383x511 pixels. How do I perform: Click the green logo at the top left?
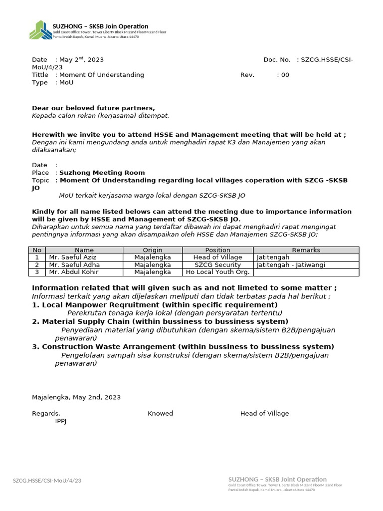[40, 30]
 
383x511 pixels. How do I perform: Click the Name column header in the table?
[84, 250]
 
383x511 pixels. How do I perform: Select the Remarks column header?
[306, 250]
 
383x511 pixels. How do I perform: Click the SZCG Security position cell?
[217, 265]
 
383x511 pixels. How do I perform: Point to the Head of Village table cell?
[217, 257]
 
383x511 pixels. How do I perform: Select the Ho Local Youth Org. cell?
[217, 272]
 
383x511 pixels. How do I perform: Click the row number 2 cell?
[36, 265]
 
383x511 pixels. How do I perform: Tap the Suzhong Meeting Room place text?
[102, 173]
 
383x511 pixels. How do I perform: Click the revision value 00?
[285, 75]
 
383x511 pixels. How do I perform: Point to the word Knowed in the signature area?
[160, 413]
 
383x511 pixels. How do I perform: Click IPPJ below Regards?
[61, 421]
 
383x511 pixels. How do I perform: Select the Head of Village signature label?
[264, 413]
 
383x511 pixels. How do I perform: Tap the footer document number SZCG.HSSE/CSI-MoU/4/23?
[47, 481]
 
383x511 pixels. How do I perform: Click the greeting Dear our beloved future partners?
[93, 108]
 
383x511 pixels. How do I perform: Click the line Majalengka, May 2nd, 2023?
[76, 397]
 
